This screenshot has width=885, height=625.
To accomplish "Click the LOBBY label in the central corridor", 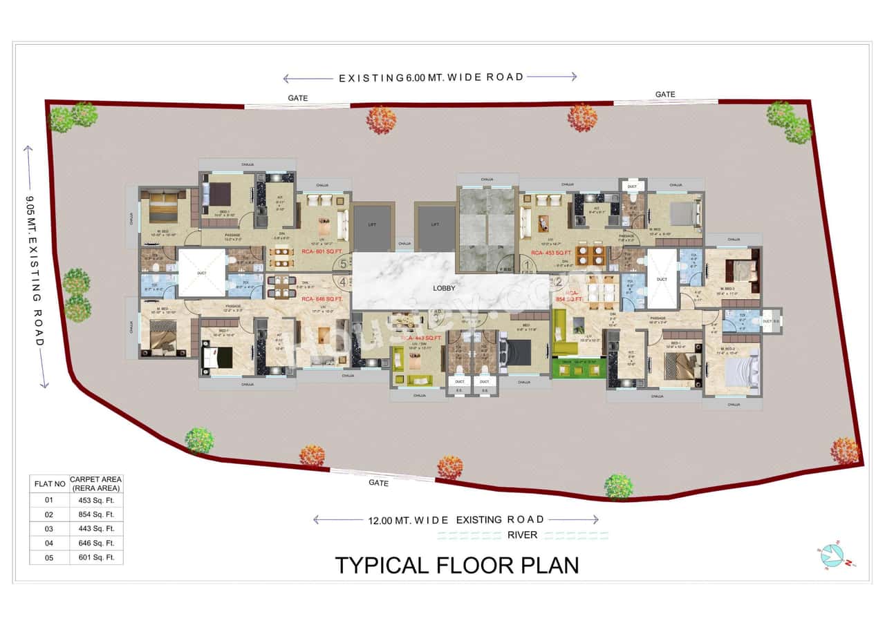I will pos(444,289).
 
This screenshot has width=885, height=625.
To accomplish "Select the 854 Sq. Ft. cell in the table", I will pos(96,515).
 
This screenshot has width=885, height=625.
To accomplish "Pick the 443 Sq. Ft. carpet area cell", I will pos(96,529).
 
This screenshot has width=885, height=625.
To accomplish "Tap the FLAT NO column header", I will pos(50,483).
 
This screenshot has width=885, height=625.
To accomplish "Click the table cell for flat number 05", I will pos(49,557).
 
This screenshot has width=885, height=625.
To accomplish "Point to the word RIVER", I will pos(522,535).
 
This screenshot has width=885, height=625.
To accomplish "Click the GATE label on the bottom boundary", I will pos(378,483).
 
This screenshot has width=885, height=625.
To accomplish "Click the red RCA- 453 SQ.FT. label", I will pos(559,253).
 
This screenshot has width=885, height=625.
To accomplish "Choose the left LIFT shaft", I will pos(373,227).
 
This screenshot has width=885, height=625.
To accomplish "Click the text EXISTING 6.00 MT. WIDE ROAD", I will pos(431,77).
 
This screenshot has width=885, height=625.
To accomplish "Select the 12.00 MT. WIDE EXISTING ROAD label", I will pos(456,519).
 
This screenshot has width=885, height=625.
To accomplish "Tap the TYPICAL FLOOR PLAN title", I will pos(456,565).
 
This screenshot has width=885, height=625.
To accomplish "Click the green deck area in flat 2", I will pos(579,368).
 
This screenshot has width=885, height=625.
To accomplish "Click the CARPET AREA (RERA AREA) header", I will pos(96,483).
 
